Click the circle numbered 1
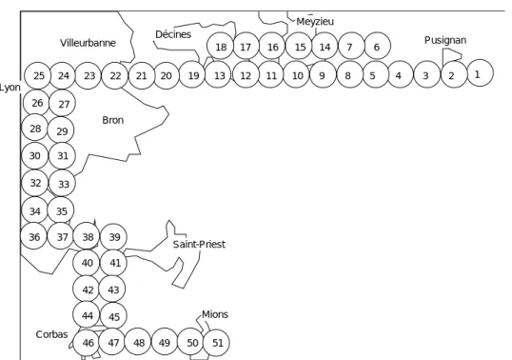(x=481, y=72)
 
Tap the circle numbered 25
(x=38, y=75)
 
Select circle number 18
(x=220, y=46)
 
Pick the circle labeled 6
(x=377, y=46)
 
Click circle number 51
(x=216, y=343)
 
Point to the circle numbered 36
(x=34, y=236)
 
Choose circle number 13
(x=218, y=75)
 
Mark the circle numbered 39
(x=113, y=237)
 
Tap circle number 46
(x=87, y=343)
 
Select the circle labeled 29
(x=61, y=130)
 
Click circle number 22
(x=115, y=76)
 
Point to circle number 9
(x=323, y=75)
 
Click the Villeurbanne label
(x=88, y=43)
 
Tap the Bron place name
(x=113, y=120)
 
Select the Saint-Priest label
(x=199, y=244)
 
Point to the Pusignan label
(x=445, y=40)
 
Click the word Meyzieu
(x=315, y=22)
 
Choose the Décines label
(x=173, y=34)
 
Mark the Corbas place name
(x=52, y=334)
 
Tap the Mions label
(x=215, y=314)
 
